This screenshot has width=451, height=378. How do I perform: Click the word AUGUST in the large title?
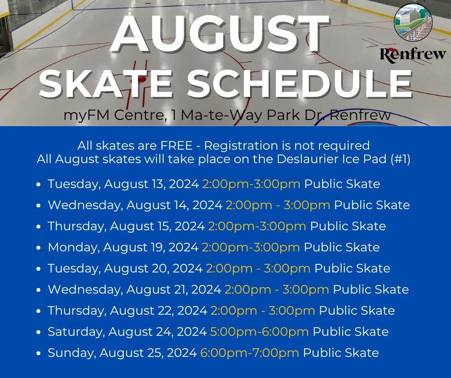pyautogui.click(x=220, y=33)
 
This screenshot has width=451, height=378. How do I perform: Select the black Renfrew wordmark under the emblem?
pyautogui.click(x=413, y=54)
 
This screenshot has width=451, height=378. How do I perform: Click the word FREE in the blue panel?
pyautogui.click(x=176, y=145)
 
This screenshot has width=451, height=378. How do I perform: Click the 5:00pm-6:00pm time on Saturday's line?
pyautogui.click(x=260, y=331)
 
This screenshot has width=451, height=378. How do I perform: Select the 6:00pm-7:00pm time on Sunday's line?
pyautogui.click(x=249, y=353)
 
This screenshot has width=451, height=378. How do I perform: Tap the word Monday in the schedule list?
pyautogui.click(x=73, y=248)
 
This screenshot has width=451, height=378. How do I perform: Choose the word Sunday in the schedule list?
pyautogui.click(x=71, y=353)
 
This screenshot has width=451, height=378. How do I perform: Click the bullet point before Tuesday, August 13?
pyautogui.click(x=39, y=184)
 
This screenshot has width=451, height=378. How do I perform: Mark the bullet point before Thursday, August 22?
pyautogui.click(x=39, y=311)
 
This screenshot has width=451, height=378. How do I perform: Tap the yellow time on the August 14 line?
pyautogui.click(x=278, y=205)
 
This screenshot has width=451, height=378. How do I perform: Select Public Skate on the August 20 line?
pyautogui.click(x=352, y=269)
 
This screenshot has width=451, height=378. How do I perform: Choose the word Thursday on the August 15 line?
pyautogui.click(x=76, y=226)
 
